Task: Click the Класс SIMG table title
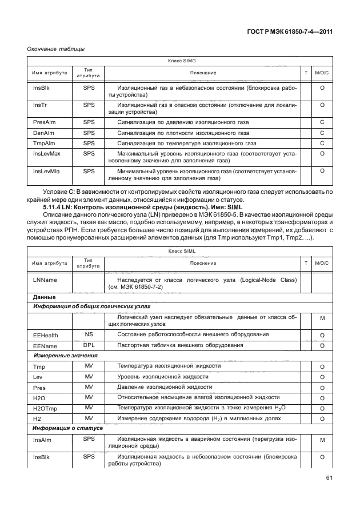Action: coord(182,60)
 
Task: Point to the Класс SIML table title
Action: coord(182,250)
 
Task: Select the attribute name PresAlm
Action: coord(44,122)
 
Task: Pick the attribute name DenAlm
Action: coord(43,133)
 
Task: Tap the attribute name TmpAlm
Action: coord(43,143)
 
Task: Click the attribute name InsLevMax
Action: coord(47,154)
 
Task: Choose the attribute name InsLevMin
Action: coord(46,171)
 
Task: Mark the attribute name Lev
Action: coord(38,377)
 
